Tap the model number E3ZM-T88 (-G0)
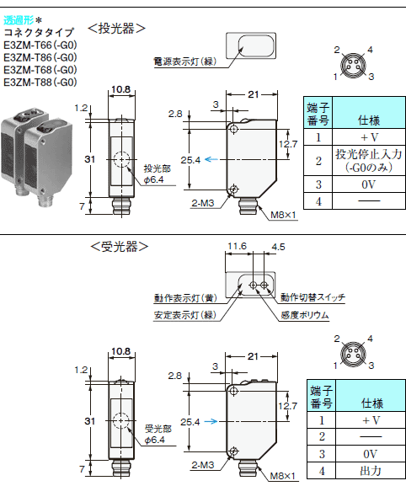40,83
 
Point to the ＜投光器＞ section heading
117,28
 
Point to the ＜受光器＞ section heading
119,247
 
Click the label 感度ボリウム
304,315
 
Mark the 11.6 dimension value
237,247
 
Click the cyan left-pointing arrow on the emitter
214,159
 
